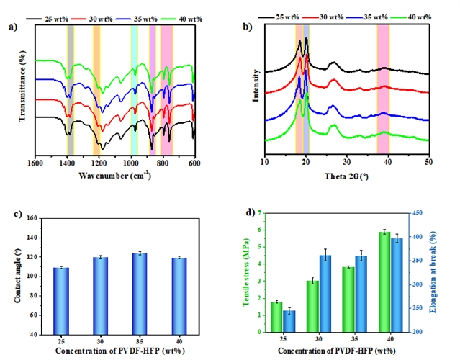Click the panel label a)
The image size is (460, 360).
12,28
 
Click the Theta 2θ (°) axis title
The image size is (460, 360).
346,174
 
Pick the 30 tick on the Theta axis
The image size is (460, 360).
347,163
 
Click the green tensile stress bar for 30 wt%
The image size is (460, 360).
312,306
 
